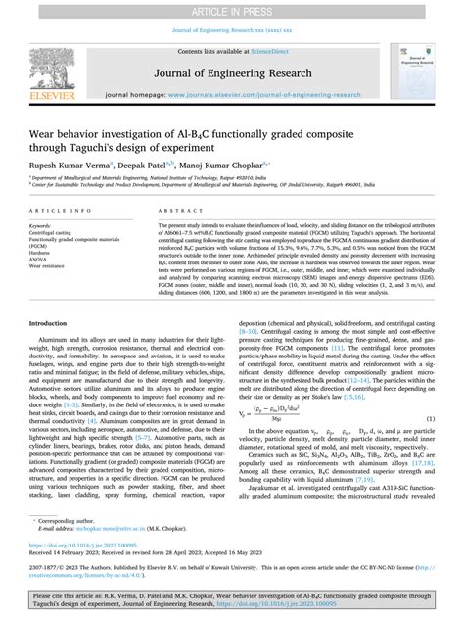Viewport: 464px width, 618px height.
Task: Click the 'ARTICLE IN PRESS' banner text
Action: coord(232,10)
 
